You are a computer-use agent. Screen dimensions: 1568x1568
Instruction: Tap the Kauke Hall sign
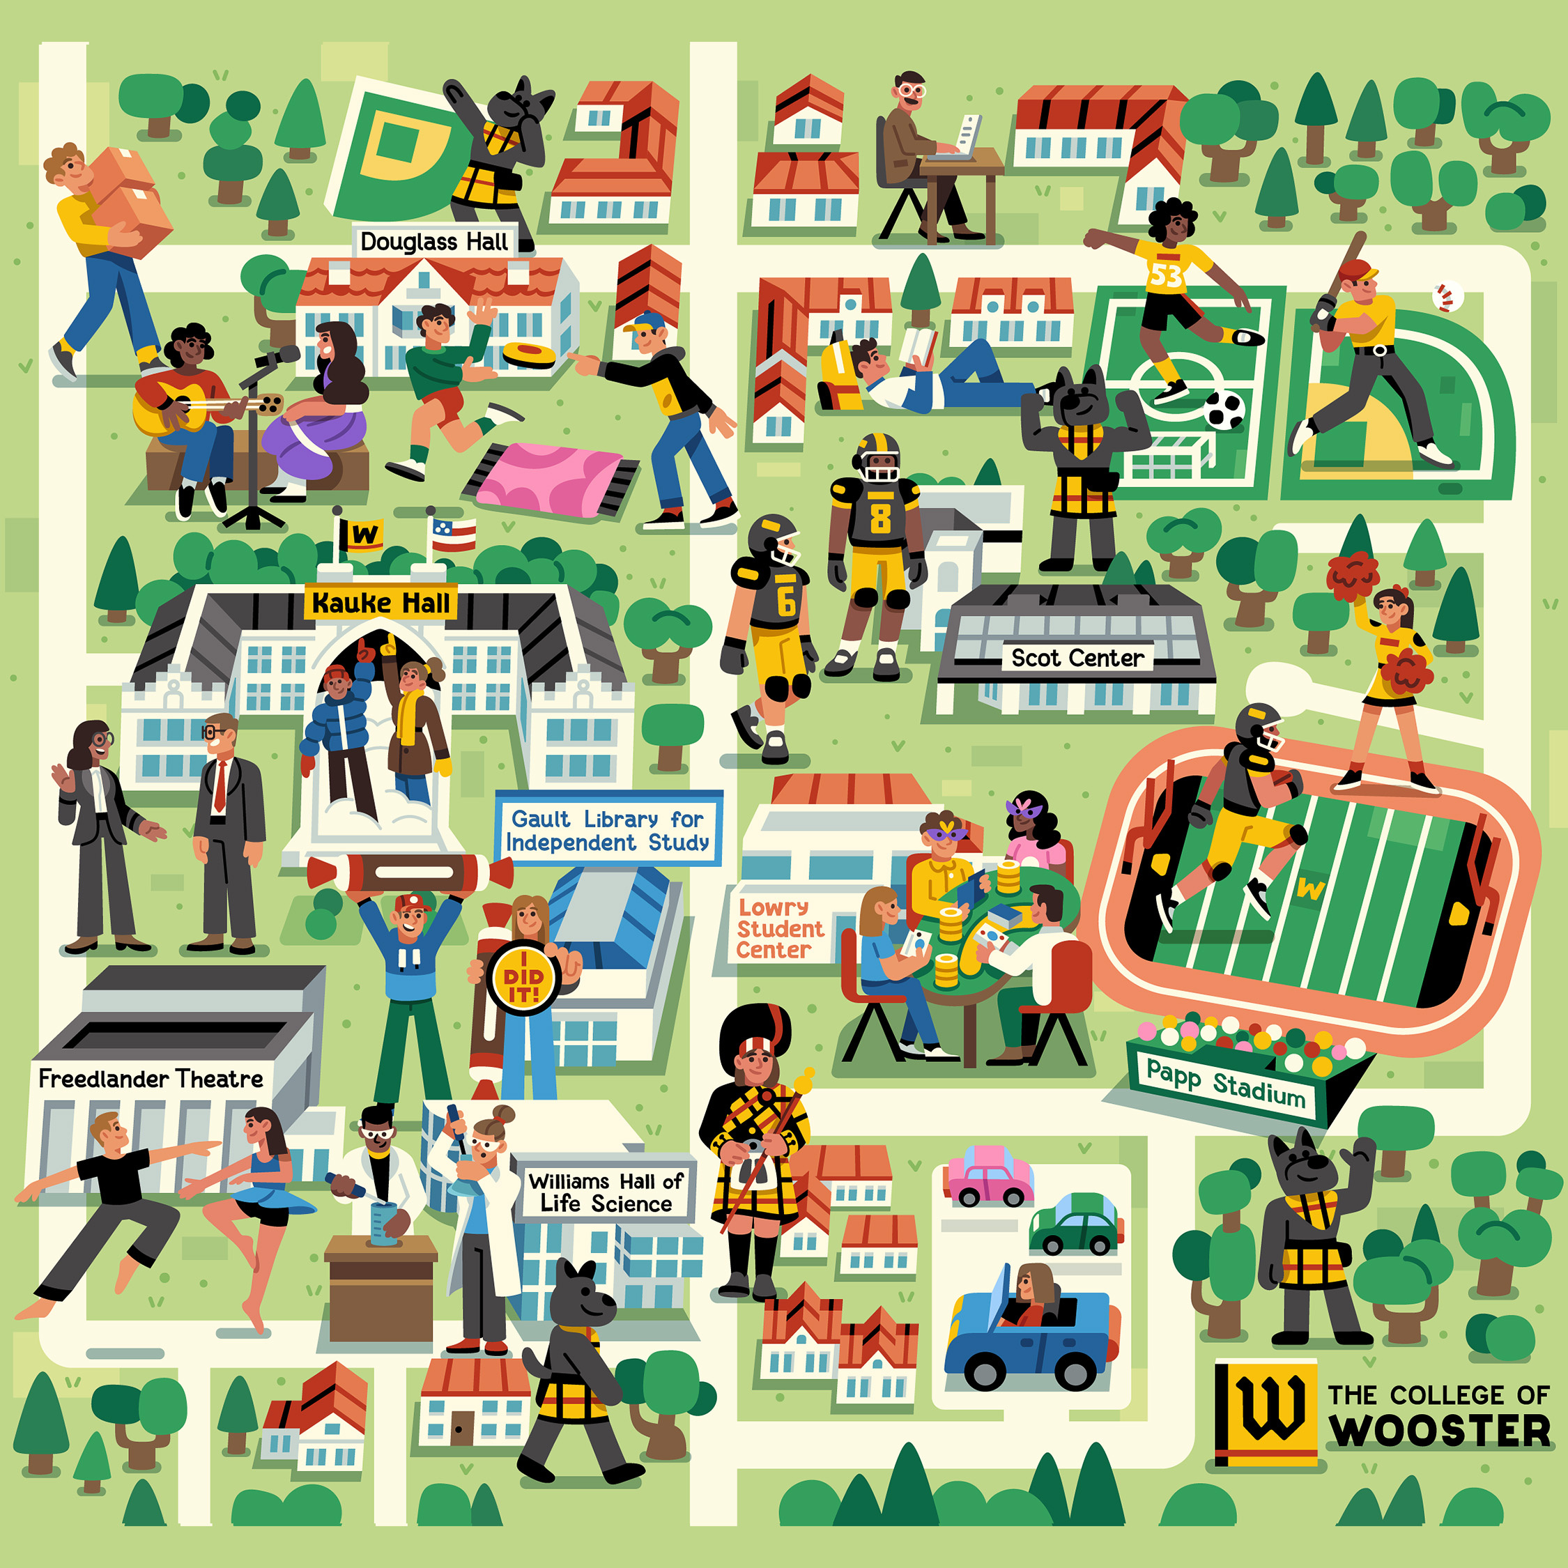point(381,603)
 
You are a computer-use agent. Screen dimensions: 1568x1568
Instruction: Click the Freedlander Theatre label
point(151,1079)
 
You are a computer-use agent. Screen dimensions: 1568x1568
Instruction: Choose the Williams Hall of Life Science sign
point(606,1192)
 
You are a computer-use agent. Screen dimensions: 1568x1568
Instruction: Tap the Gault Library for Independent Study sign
point(608,830)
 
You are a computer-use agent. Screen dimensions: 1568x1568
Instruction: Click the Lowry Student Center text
point(778,928)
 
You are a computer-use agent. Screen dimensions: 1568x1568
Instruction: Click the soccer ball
point(1224,410)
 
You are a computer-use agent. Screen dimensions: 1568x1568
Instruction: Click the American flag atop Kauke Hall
point(453,535)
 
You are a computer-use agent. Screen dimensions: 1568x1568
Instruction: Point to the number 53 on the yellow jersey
point(1165,276)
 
